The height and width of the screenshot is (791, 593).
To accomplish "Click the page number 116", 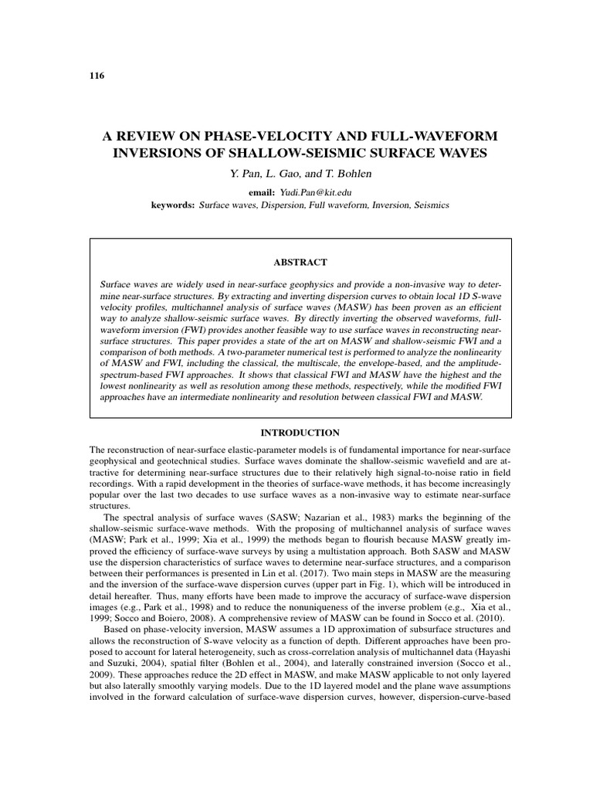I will pos(97,76).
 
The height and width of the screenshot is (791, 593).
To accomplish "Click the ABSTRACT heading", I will pos(296,262).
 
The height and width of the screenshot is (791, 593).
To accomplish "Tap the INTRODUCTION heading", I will pos(296,433).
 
